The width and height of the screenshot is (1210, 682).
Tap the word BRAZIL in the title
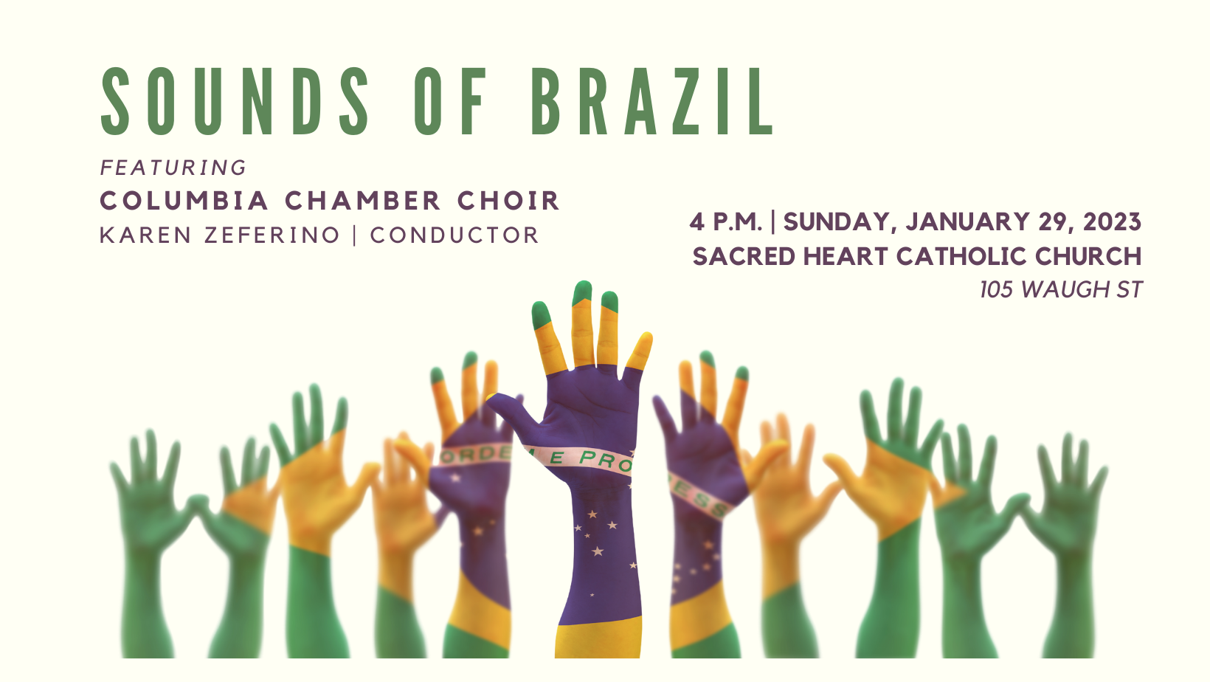[x=652, y=101]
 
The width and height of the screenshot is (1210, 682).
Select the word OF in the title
[x=451, y=101]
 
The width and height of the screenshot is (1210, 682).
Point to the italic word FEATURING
[x=173, y=168]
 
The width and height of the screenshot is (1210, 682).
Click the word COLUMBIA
[x=184, y=201]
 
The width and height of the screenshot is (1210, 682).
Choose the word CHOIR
[x=508, y=201]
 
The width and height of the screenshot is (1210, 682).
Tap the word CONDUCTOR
[x=454, y=235]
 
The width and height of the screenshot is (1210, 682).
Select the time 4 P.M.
[x=726, y=221]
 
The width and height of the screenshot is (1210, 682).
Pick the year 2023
[x=1113, y=221]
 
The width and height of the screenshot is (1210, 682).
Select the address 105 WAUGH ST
[x=1060, y=289]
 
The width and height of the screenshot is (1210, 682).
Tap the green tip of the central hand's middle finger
[x=583, y=292]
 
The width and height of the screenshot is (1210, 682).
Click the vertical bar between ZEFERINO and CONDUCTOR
[x=355, y=235]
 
